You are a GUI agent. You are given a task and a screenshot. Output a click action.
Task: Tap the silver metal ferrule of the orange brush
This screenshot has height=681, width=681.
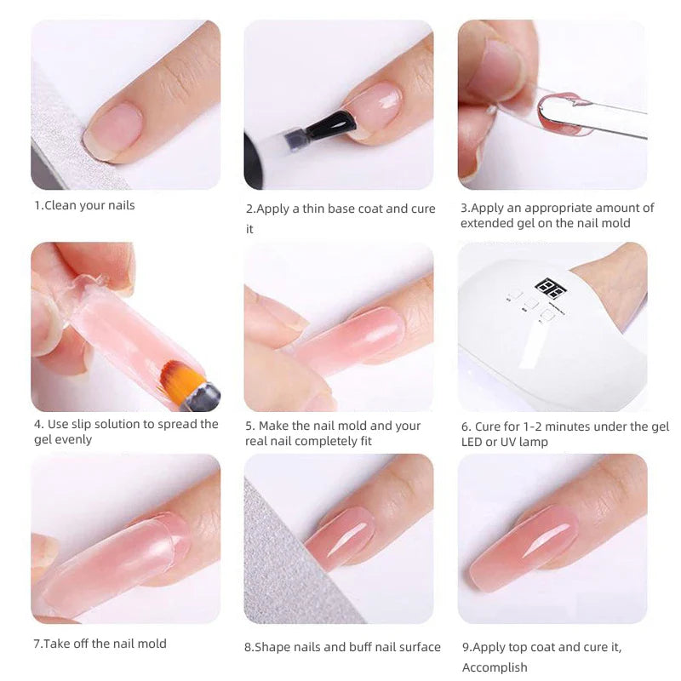coord(201,395)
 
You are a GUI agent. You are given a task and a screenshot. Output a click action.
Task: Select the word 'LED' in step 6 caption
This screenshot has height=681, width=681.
coord(475,442)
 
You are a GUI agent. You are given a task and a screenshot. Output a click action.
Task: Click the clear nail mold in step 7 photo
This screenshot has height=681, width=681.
coord(111,558)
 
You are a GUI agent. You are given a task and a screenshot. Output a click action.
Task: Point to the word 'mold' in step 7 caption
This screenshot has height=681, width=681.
coord(149,644)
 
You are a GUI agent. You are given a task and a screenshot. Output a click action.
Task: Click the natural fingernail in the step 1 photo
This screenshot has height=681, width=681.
coord(113,131)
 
